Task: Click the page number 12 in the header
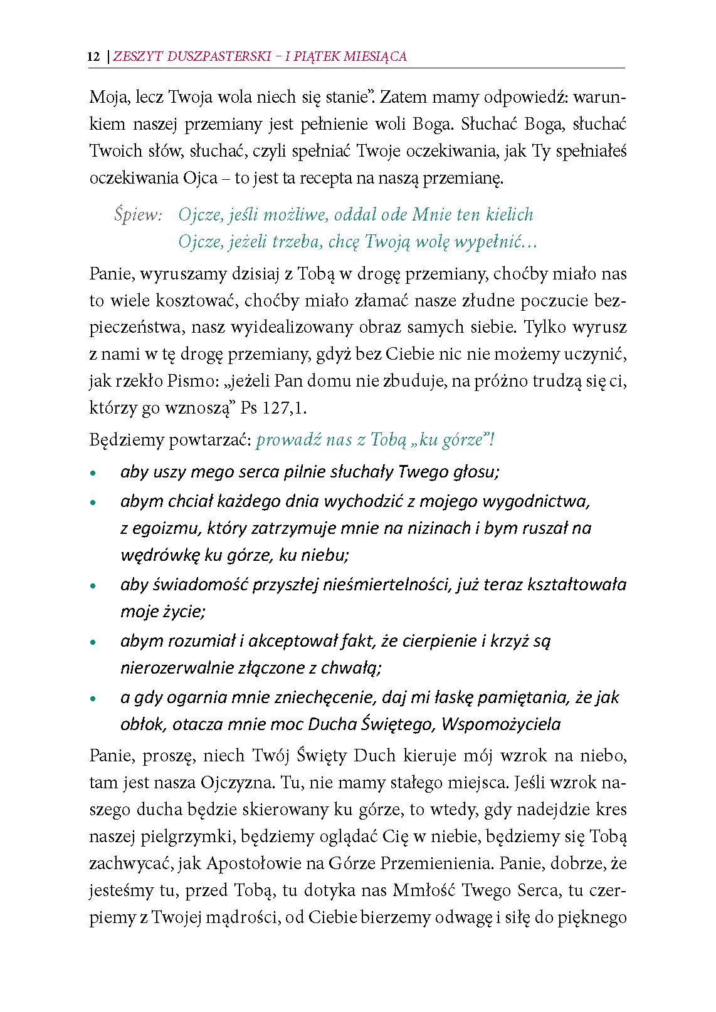[94, 56]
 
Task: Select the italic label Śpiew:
[139, 215]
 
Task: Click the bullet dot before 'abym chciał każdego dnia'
[94, 503]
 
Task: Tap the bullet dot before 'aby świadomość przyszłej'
[94, 587]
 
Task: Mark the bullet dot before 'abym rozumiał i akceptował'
[94, 643]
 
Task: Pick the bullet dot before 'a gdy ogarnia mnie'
[94, 699]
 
